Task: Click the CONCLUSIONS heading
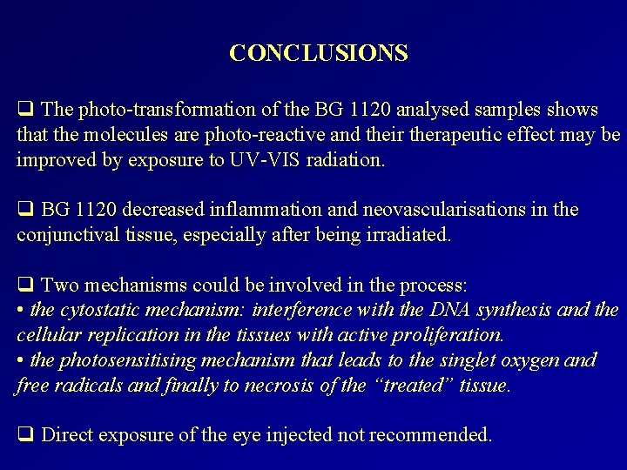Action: click(319, 53)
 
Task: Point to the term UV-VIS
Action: click(262, 160)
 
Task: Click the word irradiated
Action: click(406, 234)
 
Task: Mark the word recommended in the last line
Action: click(435, 434)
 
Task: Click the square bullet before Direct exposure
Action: click(24, 434)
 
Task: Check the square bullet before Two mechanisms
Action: click(24, 285)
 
